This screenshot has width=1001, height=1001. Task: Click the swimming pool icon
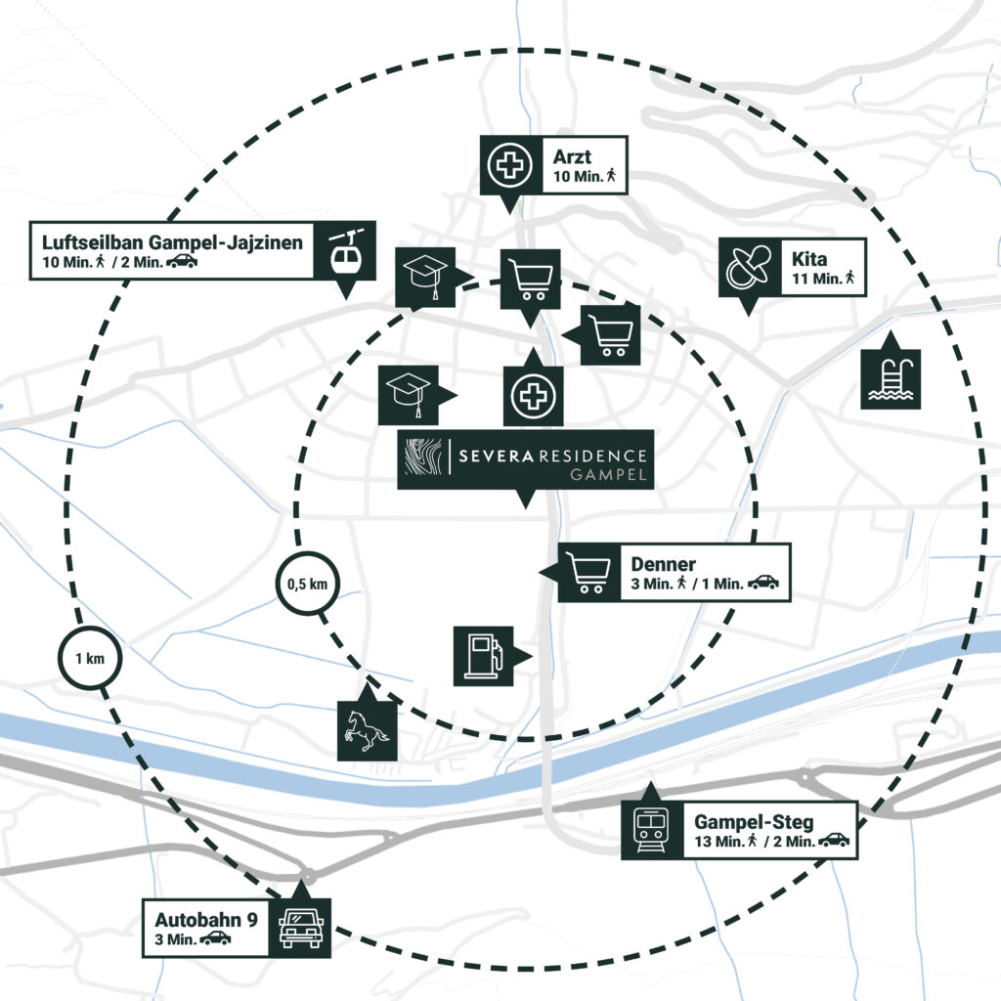891,379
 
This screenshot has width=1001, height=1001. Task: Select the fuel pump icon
483,655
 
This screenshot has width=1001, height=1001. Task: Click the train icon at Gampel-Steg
648,831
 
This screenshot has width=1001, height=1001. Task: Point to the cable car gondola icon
345,251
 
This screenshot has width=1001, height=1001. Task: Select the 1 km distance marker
89,658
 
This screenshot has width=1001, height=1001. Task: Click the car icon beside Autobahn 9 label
300,928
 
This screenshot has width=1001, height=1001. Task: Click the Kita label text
809,259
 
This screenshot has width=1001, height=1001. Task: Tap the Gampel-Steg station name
753,822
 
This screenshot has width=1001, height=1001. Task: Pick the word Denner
663,564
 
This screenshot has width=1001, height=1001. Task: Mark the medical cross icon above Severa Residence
532,396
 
